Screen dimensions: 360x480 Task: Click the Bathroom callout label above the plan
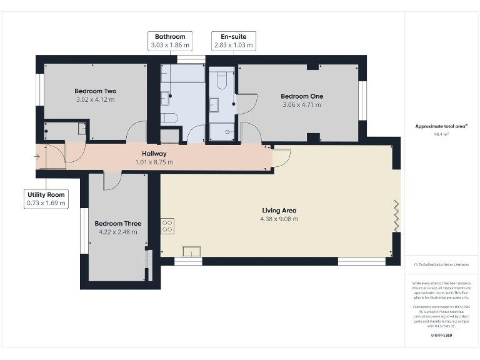170,41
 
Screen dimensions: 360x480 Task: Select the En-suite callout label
233,41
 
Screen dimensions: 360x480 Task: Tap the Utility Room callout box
46,199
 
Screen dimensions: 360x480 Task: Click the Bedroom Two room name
96,90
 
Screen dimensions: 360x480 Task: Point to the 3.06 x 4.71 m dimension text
301,105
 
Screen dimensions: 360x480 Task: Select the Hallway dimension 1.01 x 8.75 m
154,162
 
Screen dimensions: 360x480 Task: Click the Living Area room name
278,211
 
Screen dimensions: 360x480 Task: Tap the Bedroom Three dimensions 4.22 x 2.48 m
117,232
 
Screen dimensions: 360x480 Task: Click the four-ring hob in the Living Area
167,226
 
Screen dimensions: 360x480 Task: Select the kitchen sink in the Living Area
191,251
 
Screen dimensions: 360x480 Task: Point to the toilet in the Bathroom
170,117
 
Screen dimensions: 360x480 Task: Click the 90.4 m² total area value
442,133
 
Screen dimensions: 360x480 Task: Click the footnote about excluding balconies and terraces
442,265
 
